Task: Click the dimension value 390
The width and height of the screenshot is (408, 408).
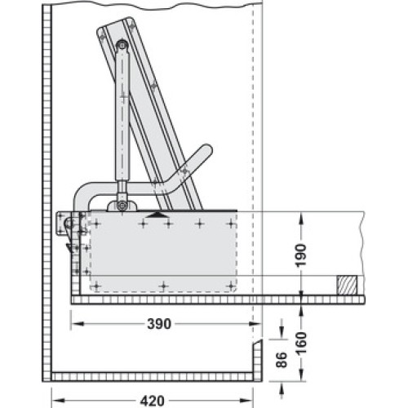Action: [x=159, y=324]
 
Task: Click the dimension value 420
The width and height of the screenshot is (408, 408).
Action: [x=153, y=401]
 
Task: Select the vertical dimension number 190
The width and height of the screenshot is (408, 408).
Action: [x=301, y=256]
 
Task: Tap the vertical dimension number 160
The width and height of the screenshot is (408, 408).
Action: [x=301, y=344]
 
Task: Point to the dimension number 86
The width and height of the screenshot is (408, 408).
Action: [x=282, y=360]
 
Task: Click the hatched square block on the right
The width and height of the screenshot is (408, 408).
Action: [x=347, y=286]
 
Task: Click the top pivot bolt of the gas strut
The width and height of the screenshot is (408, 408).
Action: [x=122, y=45]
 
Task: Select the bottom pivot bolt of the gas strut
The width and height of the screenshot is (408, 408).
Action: [x=122, y=205]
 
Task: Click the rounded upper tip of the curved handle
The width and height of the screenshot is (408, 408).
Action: [x=206, y=149]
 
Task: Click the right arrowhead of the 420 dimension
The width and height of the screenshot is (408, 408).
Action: [x=247, y=401]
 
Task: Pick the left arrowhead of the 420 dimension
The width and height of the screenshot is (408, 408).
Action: [x=58, y=401]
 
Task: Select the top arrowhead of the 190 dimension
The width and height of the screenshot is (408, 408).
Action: [x=301, y=218]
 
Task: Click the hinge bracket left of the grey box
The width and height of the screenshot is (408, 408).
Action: [x=68, y=224]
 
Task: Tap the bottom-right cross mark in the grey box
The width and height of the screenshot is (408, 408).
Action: [x=231, y=286]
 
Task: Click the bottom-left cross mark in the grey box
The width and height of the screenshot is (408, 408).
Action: [x=96, y=286]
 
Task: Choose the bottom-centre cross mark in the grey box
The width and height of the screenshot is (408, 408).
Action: [x=163, y=286]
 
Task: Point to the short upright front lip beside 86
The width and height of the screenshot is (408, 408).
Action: [x=258, y=361]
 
